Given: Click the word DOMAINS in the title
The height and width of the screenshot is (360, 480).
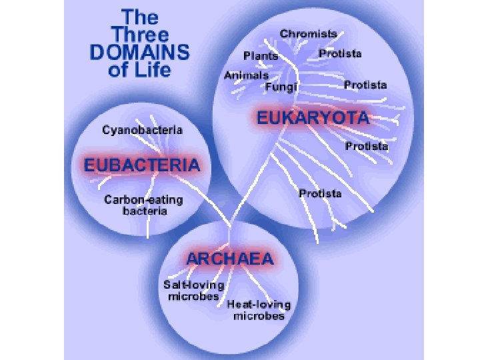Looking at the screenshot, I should pos(141,52).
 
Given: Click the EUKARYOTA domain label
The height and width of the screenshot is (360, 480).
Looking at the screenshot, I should pos(313,119).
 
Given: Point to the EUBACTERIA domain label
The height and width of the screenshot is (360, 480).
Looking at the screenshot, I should pos(141,164).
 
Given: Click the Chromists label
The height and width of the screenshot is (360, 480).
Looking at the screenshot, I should pos(308,33).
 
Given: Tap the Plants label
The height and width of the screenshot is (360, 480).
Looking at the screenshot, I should pos(260,56).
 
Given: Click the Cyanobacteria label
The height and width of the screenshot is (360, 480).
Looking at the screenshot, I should pos(142,130).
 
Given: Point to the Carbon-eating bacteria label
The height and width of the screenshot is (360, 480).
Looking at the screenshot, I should pos(143,205).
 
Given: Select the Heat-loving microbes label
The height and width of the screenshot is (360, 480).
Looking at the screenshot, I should pos(259,310).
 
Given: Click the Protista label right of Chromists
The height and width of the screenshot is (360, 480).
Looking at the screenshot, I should pos(340,53).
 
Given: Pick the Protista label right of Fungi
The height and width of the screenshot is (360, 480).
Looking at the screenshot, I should pos(365,85).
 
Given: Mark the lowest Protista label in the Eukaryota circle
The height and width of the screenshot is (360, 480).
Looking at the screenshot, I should pos(320,194).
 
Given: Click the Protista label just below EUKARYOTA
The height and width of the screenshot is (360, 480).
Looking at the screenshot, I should pos(367,146).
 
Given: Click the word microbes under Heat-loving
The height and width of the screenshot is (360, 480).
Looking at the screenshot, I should pos(259,316).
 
